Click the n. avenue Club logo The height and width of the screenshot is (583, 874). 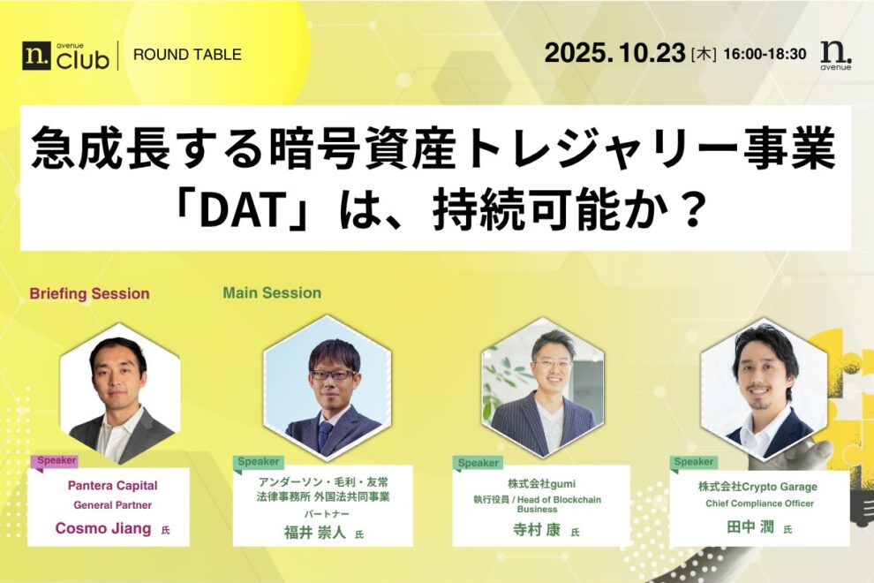tap(66, 55)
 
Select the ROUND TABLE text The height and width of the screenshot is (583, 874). tap(187, 55)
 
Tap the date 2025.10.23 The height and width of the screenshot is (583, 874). tap(614, 53)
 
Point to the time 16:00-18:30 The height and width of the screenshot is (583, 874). tap(765, 54)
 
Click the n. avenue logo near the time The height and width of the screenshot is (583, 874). tap(835, 54)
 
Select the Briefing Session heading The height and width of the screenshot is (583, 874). tap(89, 293)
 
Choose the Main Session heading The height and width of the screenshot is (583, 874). tap(272, 292)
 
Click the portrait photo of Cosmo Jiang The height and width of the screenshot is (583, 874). tap(120, 393)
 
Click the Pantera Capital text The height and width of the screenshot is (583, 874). tap(112, 485)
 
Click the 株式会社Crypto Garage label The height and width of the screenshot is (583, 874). tap(757, 487)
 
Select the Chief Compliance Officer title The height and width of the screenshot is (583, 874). tap(759, 503)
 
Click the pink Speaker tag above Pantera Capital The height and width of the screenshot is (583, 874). tap(56, 460)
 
